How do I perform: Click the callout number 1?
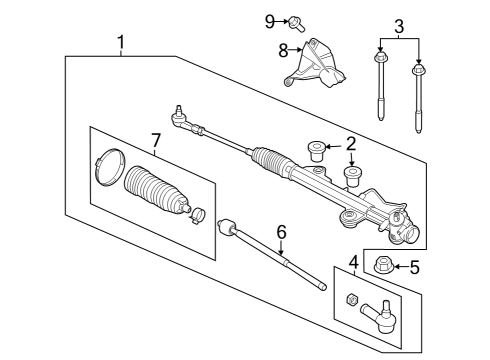[x=121, y=42]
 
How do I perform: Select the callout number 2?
[x=351, y=143]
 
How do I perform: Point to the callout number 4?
[x=353, y=263]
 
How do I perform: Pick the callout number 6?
[x=281, y=232]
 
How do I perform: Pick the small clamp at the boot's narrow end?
[x=199, y=211]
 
